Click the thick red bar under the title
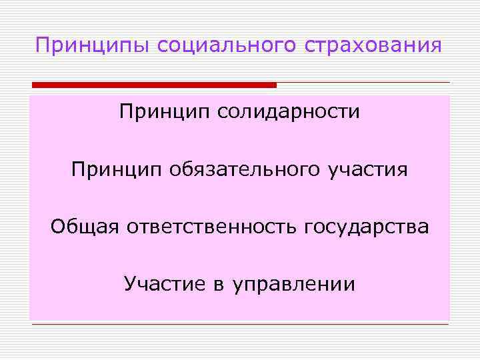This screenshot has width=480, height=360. click(153, 85)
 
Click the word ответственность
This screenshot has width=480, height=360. click(211, 227)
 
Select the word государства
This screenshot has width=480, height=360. click(367, 227)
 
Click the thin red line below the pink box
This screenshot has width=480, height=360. click(240, 325)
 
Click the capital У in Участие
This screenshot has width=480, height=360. click(129, 285)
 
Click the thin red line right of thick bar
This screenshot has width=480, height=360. click(363, 82)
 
